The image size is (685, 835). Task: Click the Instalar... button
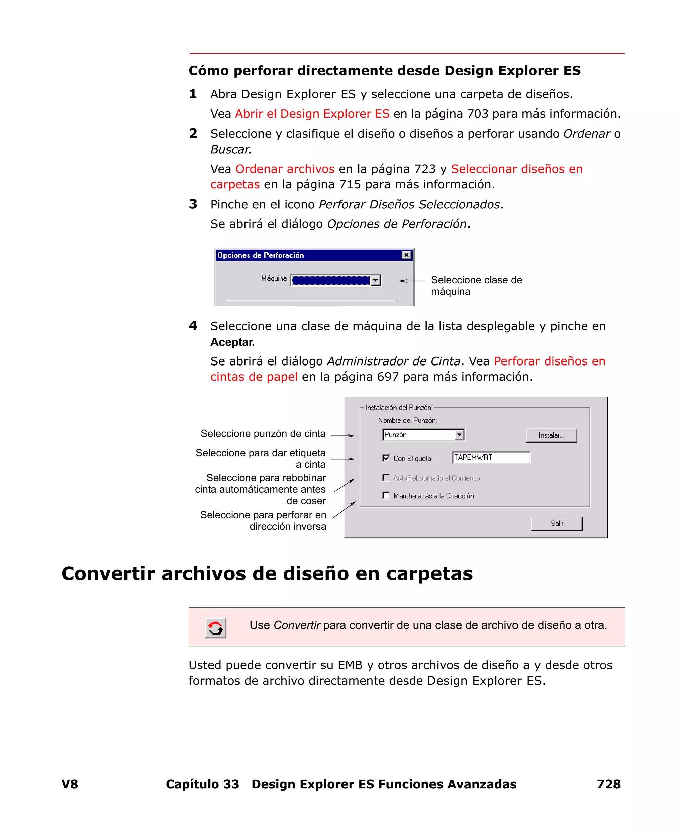click(x=551, y=435)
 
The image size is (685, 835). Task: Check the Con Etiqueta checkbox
click(x=386, y=458)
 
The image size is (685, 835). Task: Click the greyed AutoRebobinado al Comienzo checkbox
click(x=386, y=478)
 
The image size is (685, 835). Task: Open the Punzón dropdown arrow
click(x=459, y=435)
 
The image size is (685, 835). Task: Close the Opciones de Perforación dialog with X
click(x=406, y=255)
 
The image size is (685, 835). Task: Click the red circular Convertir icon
click(x=215, y=628)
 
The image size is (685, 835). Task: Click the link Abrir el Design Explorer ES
click(x=312, y=114)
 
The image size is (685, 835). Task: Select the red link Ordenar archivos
click(x=285, y=169)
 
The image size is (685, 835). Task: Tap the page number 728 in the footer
click(x=608, y=784)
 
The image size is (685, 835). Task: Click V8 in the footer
click(x=70, y=784)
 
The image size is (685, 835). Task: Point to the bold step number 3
click(x=193, y=204)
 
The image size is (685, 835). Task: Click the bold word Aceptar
click(x=232, y=342)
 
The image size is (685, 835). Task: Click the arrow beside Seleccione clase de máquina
click(x=412, y=281)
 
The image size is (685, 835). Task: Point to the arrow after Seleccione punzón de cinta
click(x=342, y=435)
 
